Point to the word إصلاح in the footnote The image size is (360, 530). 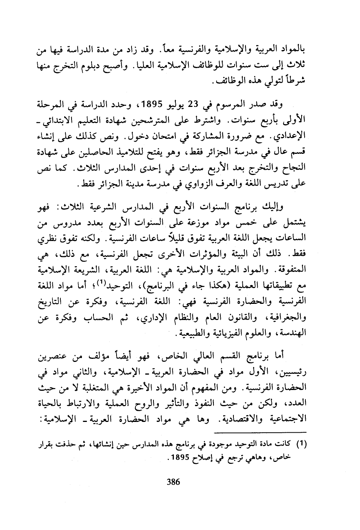tap(204, 459)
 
